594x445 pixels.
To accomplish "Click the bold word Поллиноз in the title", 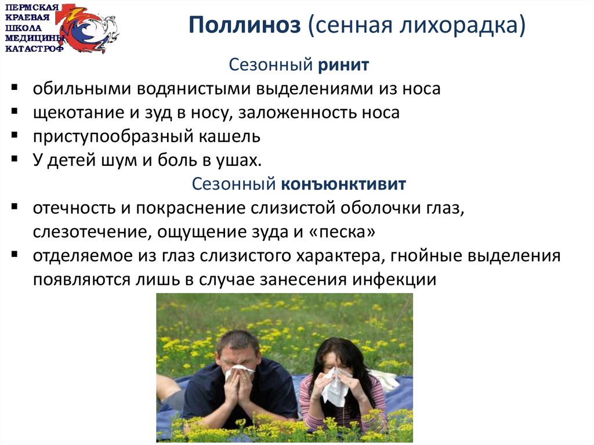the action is click(x=245, y=25).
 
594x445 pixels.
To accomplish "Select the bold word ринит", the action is click(x=343, y=66).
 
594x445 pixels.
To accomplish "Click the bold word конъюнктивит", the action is click(x=343, y=184).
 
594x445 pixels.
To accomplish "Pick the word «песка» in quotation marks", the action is click(x=342, y=231).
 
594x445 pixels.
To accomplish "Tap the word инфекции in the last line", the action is click(x=394, y=280).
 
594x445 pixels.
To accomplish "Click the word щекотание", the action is click(x=78, y=113).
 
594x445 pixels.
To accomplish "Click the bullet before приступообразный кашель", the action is click(x=15, y=135).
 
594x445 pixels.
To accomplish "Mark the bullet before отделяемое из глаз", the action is click(x=15, y=254).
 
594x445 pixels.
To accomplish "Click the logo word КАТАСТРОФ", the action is click(x=34, y=49).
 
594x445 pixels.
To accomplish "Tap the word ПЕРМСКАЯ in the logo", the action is click(x=32, y=8).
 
